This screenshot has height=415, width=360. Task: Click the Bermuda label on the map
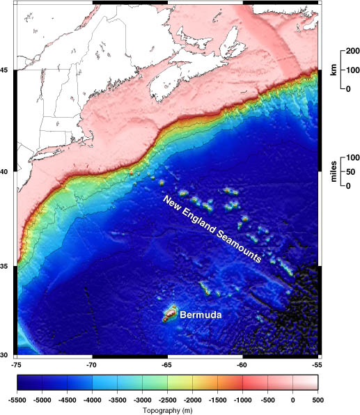pos(201,315)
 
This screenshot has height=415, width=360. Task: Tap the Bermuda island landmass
pos(170,313)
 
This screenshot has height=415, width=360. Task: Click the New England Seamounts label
pos(212,229)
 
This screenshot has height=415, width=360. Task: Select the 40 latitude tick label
pos(6,171)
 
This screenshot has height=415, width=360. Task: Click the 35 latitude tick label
pos(6,267)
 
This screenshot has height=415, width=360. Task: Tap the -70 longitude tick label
pos(91,364)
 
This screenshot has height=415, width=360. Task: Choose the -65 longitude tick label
pos(166,364)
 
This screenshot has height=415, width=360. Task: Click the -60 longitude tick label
pos(242,364)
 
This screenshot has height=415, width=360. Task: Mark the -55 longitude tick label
pos(317,364)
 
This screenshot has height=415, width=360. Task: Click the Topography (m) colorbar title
pos(168,411)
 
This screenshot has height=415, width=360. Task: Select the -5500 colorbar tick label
pos(18,400)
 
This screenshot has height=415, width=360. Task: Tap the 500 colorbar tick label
pos(318,400)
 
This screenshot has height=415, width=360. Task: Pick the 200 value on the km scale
pos(350,52)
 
